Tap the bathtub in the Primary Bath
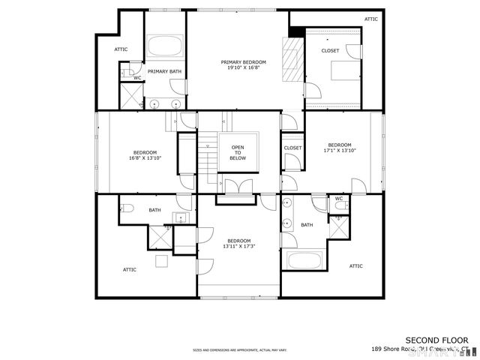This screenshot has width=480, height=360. click(164, 46)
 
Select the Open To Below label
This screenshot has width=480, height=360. click(238, 153)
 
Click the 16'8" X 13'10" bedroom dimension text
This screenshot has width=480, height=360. click(145, 158)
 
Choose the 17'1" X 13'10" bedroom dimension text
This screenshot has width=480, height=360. click(339, 151)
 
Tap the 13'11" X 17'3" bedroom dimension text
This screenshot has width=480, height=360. click(238, 246)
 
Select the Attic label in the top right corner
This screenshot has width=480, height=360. click(371, 19)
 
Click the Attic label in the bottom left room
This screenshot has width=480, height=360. click(130, 269)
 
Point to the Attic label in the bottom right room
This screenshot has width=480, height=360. click(355, 265)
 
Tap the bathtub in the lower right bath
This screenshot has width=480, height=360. click(305, 261)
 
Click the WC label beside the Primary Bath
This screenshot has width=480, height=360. click(137, 77)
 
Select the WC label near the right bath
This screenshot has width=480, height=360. click(339, 199)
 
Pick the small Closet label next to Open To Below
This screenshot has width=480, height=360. click(292, 148)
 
